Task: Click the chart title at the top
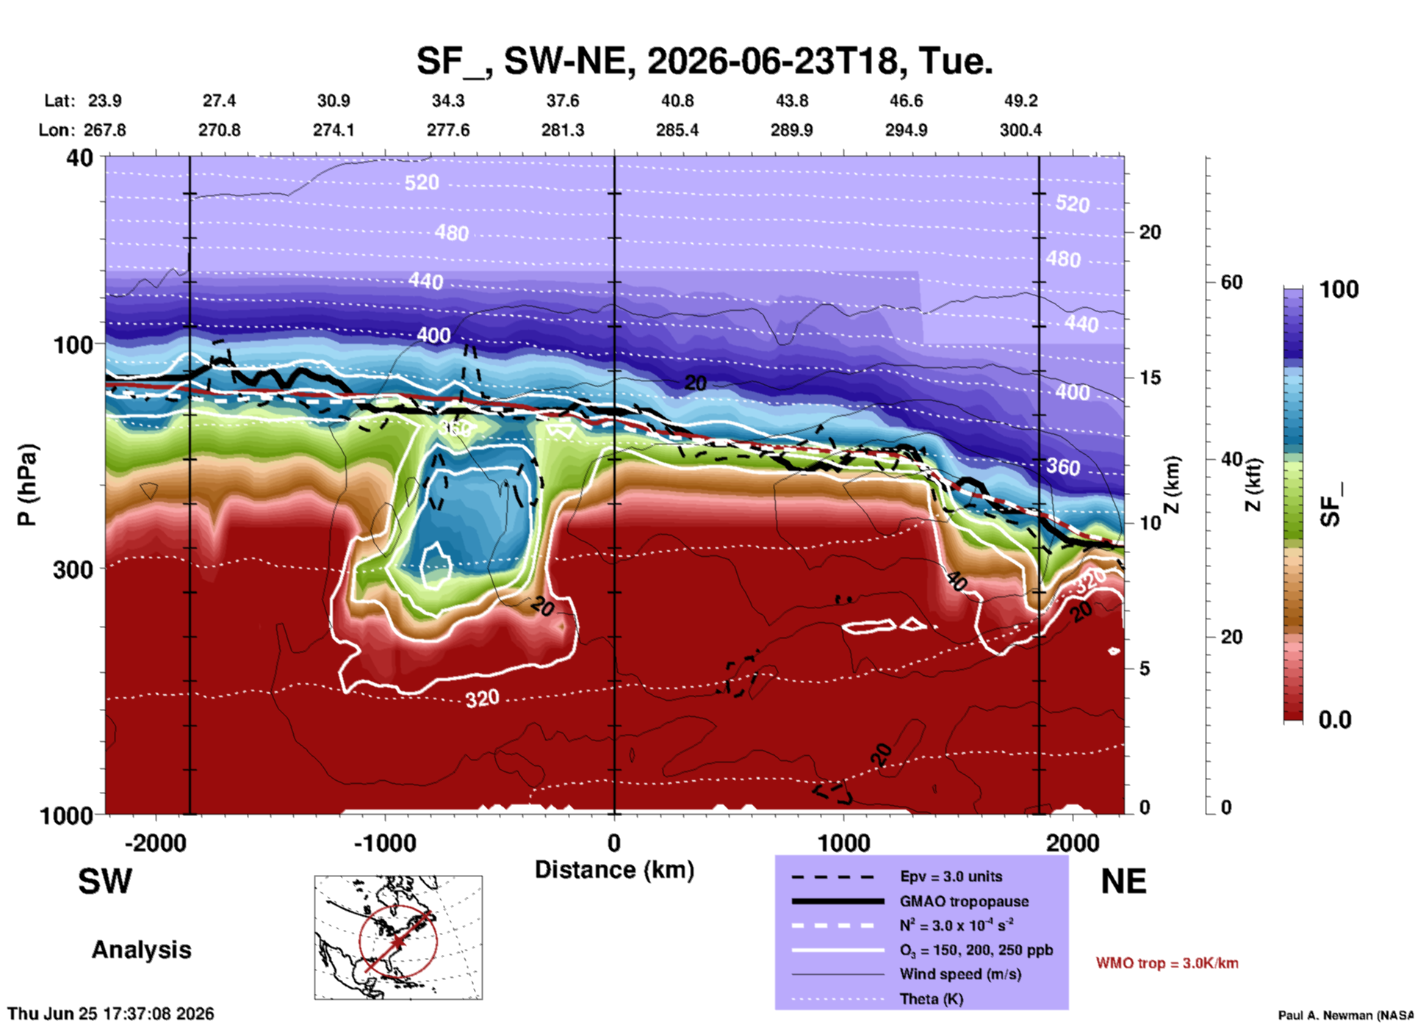tap(705, 60)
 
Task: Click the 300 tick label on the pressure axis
tap(73, 569)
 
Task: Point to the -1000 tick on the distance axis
tap(385, 843)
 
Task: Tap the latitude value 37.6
tap(563, 101)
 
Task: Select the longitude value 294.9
tap(906, 130)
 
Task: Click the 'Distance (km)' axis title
tap(614, 870)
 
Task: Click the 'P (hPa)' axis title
tap(27, 485)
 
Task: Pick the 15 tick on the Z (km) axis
tap(1150, 378)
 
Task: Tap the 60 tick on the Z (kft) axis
tap(1231, 282)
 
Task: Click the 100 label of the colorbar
tap(1339, 289)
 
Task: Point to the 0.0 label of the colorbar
tap(1335, 719)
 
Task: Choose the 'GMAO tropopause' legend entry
tap(964, 901)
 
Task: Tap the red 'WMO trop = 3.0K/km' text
tap(1167, 963)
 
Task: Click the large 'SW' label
tap(105, 881)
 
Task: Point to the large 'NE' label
tap(1123, 881)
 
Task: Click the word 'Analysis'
tap(141, 950)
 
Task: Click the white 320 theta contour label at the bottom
tap(482, 698)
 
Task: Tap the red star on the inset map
tap(398, 942)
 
